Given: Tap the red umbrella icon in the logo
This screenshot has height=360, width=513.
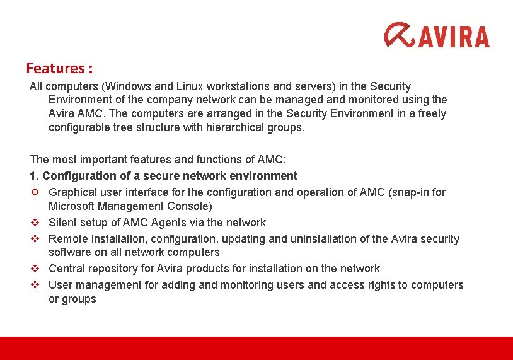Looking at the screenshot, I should click(x=400, y=35).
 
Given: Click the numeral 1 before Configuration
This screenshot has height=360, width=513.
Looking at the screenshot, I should click(x=33, y=176).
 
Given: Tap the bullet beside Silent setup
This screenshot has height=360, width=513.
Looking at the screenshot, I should click(x=35, y=223).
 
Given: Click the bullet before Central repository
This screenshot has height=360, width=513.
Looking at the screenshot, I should click(x=35, y=269).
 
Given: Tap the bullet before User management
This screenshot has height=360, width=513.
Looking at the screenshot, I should click(x=35, y=285).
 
